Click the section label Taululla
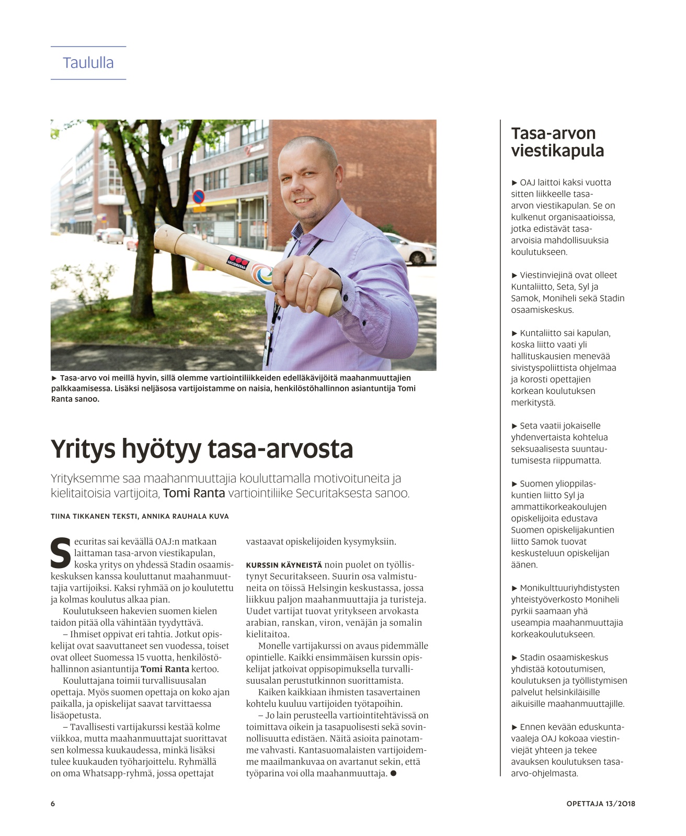[88, 63]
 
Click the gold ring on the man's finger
[308, 274]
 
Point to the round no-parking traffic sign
[198, 197]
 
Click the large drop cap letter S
[61, 553]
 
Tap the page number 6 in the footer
[53, 804]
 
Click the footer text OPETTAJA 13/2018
[601, 804]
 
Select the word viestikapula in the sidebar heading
[557, 151]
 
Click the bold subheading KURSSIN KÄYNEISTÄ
[284, 565]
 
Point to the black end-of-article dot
[393, 773]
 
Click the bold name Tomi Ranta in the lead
[194, 493]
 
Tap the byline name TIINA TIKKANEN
[79, 516]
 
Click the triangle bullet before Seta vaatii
[514, 426]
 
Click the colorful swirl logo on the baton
[261, 273]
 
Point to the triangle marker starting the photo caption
[54, 378]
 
